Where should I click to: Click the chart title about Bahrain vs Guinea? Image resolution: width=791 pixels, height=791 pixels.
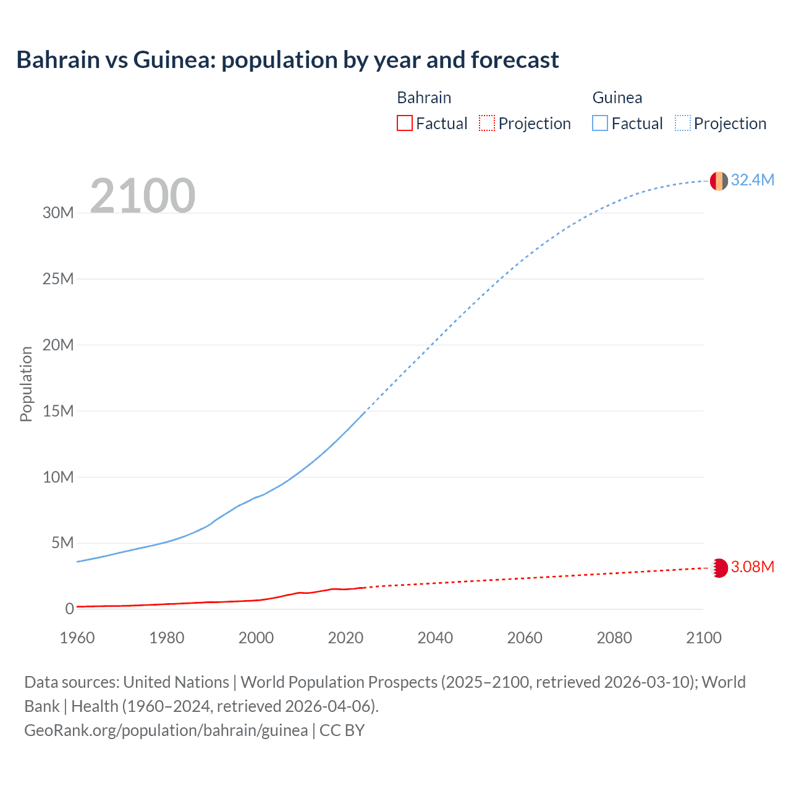(287, 60)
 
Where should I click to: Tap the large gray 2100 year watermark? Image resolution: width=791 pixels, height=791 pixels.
(143, 196)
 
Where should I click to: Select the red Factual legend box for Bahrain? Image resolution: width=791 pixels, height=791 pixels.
(404, 123)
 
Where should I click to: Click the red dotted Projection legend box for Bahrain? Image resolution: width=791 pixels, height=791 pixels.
(487, 123)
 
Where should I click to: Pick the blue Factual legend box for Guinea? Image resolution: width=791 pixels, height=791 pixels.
(600, 123)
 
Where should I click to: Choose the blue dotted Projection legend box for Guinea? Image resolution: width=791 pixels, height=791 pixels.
(682, 123)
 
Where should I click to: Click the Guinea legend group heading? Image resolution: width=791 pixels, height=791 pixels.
(617, 98)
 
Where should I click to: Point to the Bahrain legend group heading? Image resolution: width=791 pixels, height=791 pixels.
(424, 98)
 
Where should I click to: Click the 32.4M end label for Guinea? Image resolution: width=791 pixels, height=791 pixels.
(752, 180)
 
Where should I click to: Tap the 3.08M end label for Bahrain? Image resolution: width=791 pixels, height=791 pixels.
(752, 567)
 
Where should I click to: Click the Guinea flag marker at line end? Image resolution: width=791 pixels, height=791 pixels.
(719, 181)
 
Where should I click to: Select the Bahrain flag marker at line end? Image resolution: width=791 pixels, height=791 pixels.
(719, 568)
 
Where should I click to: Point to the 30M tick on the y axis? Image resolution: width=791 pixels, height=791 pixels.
(58, 213)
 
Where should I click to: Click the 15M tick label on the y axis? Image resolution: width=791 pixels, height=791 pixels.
(58, 411)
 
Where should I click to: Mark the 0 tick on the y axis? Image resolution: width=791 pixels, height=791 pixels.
(69, 609)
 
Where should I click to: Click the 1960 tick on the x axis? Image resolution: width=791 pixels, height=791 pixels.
(77, 638)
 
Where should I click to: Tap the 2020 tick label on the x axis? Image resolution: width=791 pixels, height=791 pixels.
(345, 638)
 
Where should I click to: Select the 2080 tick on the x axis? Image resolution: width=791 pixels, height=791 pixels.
(614, 638)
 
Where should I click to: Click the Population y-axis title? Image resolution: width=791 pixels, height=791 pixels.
(26, 384)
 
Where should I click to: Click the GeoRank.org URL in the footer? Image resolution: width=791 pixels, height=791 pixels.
(166, 730)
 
